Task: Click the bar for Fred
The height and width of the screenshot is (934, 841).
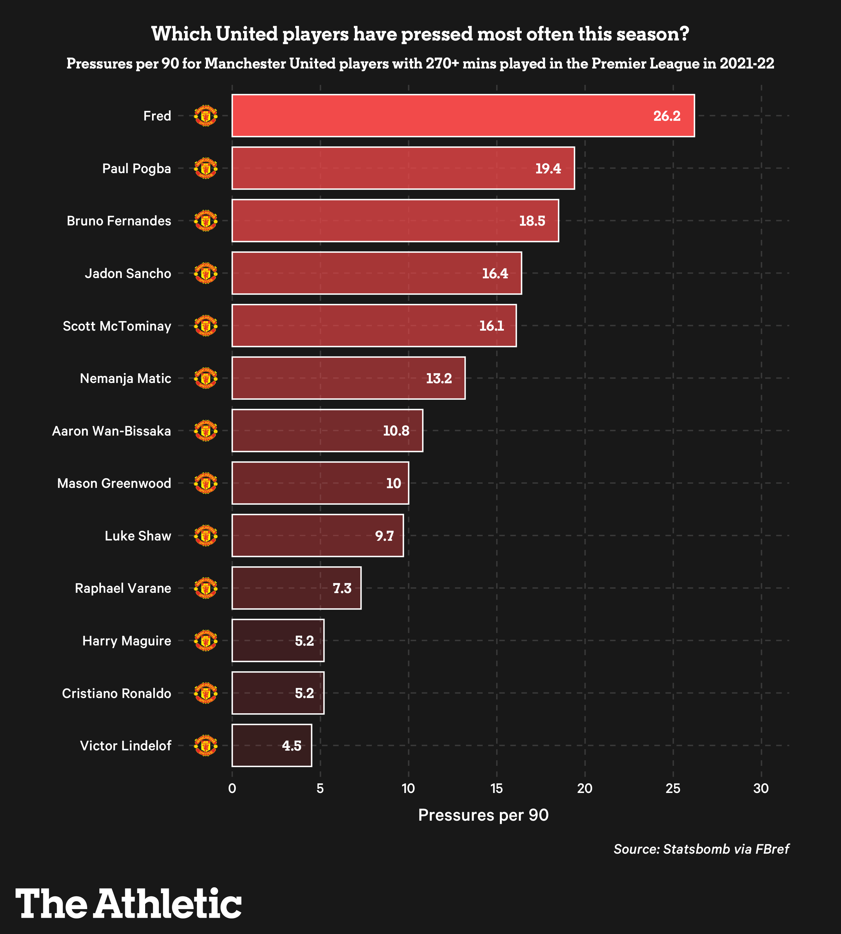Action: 462,116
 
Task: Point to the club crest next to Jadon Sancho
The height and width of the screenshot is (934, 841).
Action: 206,273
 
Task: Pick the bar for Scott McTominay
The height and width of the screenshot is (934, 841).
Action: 373,326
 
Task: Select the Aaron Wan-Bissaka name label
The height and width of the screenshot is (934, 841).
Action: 112,431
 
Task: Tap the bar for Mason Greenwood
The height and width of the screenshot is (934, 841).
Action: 320,483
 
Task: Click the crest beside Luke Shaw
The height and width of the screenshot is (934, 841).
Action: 206,536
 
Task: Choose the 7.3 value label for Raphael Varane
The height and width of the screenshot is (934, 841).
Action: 342,588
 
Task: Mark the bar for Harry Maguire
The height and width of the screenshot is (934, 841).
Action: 278,641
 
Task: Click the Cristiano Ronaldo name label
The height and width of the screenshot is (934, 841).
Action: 116,693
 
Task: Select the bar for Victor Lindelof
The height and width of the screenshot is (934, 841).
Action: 272,746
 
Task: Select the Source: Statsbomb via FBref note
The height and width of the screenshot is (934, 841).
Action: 701,849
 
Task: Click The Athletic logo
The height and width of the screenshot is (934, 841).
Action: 128,903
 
